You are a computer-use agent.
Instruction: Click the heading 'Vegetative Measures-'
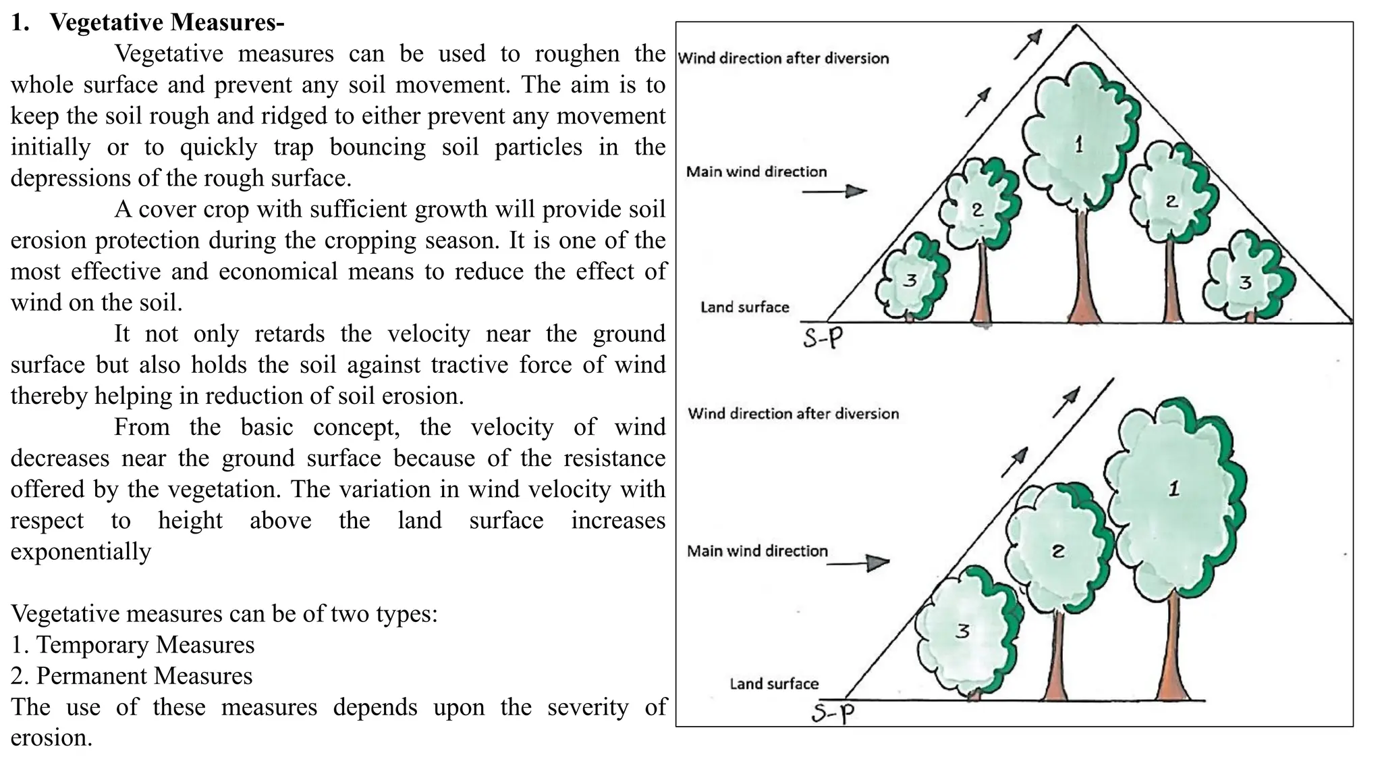pyautogui.click(x=167, y=22)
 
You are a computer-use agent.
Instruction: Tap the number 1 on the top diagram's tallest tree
pyautogui.click(x=1078, y=144)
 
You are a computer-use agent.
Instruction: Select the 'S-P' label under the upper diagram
pyautogui.click(x=823, y=336)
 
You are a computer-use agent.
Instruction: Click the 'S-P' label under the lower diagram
pyautogui.click(x=833, y=712)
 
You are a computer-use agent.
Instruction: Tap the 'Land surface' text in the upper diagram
pyautogui.click(x=744, y=307)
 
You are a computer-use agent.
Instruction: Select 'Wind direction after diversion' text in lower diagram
pyautogui.click(x=793, y=413)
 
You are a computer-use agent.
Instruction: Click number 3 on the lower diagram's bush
pyautogui.click(x=962, y=631)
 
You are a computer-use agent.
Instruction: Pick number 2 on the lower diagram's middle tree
pyautogui.click(x=1058, y=552)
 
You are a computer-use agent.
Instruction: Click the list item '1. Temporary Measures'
pyautogui.click(x=133, y=644)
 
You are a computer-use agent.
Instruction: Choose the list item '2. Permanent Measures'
pyautogui.click(x=132, y=675)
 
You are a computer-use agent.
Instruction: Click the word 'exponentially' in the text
pyautogui.click(x=81, y=551)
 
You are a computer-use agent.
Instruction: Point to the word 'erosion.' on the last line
pyautogui.click(x=51, y=737)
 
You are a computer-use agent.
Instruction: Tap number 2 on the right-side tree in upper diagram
pyautogui.click(x=1171, y=201)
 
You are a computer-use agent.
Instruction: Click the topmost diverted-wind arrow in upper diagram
pyautogui.click(x=1028, y=44)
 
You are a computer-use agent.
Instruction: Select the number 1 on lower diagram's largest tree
pyautogui.click(x=1174, y=489)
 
